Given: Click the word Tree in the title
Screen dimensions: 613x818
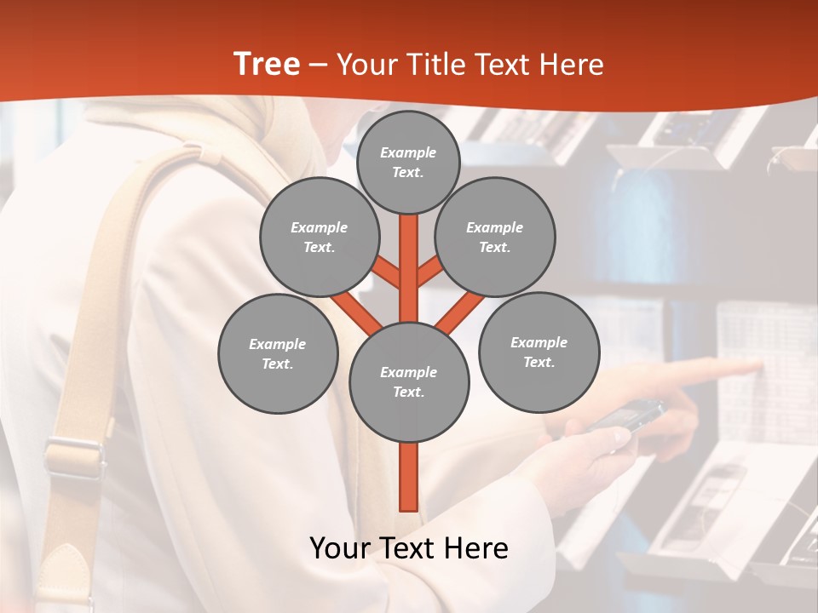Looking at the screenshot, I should pos(267,64).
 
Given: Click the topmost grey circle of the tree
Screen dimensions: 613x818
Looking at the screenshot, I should pos(408,162).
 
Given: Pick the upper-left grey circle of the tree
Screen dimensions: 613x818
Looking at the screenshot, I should pos(319,237).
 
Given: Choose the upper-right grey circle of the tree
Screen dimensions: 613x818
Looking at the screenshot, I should pos(495,237).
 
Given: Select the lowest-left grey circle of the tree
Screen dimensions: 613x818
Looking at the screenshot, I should pos(278,353).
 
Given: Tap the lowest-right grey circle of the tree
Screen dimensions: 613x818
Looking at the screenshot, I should pos(539,352).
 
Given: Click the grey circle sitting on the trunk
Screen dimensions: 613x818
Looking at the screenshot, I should pos(409,381).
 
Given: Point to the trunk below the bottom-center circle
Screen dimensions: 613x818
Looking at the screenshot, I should pos(409,477).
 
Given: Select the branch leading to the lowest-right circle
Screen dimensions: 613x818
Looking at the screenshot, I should pos(460,312).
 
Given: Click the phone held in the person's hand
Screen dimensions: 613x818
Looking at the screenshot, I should pos(631,415).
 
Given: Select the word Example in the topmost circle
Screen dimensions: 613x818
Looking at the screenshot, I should pos(408,152).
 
